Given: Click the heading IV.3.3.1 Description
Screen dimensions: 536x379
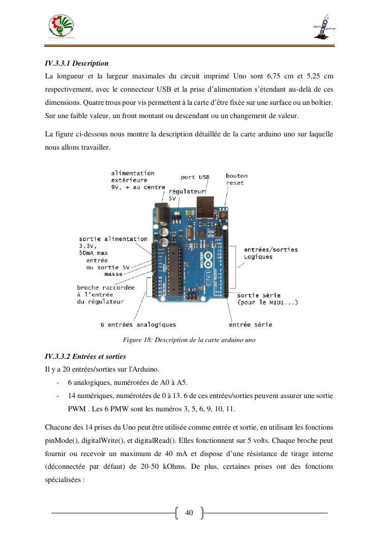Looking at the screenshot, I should pyautogui.click(x=77, y=64).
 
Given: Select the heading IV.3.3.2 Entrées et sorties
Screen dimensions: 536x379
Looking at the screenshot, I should pyautogui.click(x=85, y=356).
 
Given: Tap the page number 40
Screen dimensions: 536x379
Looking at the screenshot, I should pyautogui.click(x=189, y=513).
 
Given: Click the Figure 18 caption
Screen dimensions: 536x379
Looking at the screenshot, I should pyautogui.click(x=189, y=340).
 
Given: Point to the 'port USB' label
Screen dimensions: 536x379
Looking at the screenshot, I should pyautogui.click(x=195, y=177).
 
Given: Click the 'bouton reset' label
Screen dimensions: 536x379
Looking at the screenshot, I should pyautogui.click(x=235, y=179).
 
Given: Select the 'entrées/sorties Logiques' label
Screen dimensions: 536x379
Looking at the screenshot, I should pyautogui.click(x=271, y=253).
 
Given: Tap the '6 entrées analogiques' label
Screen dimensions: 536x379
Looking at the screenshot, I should pyautogui.click(x=138, y=324).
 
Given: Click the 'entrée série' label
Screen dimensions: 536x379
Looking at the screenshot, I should pyautogui.click(x=250, y=324).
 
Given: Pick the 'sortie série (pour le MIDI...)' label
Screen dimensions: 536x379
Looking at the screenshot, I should pyautogui.click(x=268, y=299).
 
